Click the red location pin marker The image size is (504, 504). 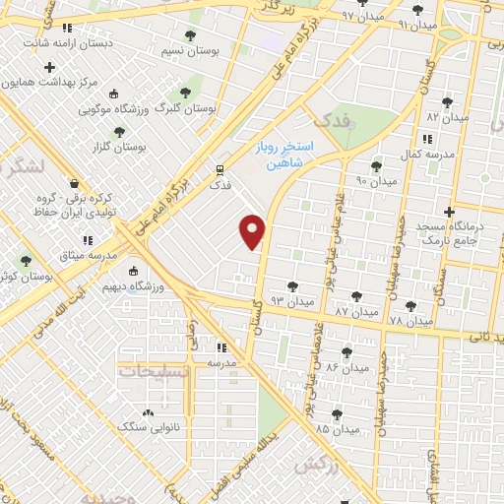click(x=253, y=231)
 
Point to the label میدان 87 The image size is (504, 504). click(x=356, y=312)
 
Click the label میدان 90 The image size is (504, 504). click(x=375, y=182)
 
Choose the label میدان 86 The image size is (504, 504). click(x=346, y=366)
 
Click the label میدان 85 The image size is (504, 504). click(x=337, y=430)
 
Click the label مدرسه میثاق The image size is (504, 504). click(x=89, y=255)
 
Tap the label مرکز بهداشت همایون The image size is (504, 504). click(x=51, y=82)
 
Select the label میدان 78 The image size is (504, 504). click(x=410, y=322)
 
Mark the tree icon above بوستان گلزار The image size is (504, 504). click(x=120, y=131)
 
